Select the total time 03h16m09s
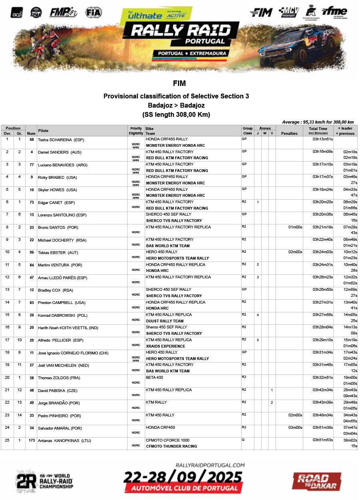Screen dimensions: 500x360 322,152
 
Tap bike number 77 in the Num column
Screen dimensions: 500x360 31,165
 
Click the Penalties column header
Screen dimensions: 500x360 289,133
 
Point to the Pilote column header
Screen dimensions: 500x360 43,131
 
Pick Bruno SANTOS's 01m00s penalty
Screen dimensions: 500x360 296,227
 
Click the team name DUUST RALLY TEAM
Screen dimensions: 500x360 165,321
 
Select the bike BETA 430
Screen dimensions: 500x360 154,377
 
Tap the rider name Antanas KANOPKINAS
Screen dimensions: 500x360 64,441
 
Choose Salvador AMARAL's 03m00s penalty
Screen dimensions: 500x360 296,428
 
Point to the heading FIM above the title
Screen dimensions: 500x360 179,84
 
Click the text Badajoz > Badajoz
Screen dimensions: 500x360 176,105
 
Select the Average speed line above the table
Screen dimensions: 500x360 318,122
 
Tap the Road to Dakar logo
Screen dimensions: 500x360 316,481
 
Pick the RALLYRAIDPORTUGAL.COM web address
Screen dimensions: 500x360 210,465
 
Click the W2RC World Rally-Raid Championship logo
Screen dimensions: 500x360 44,480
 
